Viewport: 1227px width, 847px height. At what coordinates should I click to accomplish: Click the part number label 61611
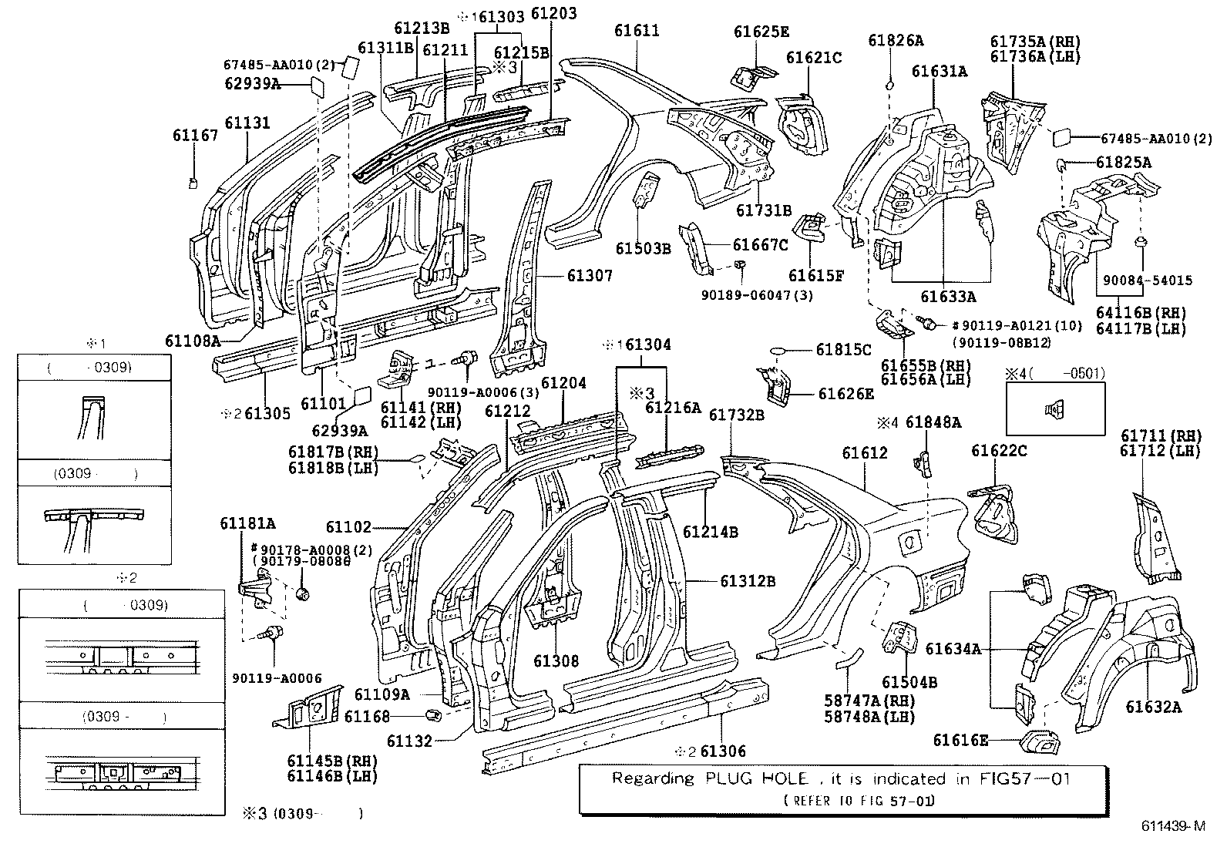coord(637,31)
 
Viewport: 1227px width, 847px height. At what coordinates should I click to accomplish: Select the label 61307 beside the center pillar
coord(590,275)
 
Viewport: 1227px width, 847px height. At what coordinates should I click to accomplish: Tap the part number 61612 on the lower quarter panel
coord(864,453)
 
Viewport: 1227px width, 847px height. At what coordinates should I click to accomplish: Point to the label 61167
coord(195,136)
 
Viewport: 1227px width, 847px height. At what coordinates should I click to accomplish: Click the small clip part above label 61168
coord(433,714)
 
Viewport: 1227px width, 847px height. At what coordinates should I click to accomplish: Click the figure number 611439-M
coord(1173,827)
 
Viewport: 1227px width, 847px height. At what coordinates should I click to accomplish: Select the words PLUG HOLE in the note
coord(756,779)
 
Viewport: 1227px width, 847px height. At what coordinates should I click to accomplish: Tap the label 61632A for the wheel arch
coord(1153,706)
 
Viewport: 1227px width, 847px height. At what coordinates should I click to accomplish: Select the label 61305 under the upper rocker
coord(267,414)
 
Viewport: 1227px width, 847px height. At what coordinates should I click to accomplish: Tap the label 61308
coord(556,661)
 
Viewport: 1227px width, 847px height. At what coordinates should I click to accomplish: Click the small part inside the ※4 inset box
coord(1054,409)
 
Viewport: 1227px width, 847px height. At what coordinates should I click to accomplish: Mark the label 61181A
coord(247,523)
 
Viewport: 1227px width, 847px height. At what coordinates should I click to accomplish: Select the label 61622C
coord(999,452)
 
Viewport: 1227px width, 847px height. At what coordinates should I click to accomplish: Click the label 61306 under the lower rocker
coord(723,751)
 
